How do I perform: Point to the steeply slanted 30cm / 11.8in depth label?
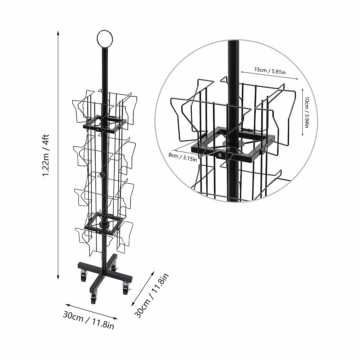click(x=152, y=295)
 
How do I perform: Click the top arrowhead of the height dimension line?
click(x=58, y=32)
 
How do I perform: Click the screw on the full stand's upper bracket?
click(x=99, y=130)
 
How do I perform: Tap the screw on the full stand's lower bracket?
click(x=99, y=231)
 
